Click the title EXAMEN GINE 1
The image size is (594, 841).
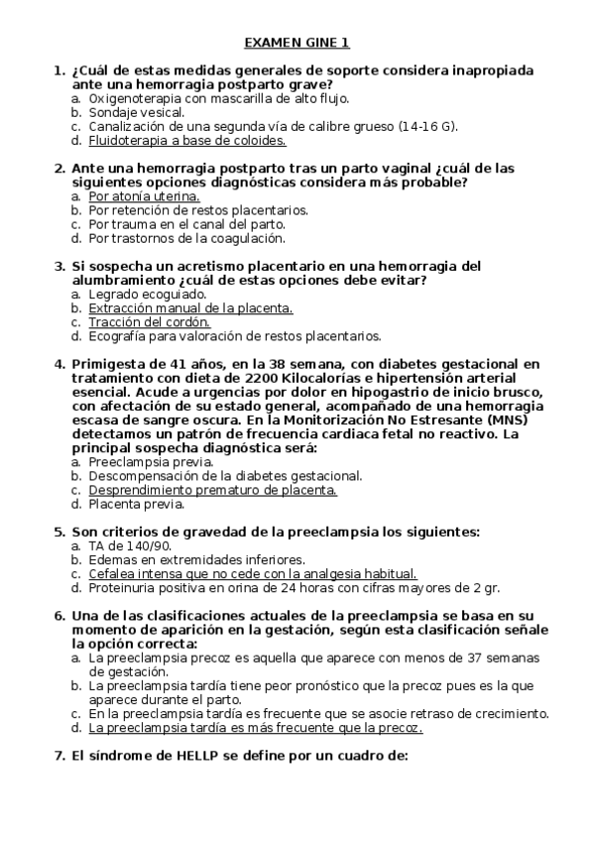pyautogui.click(x=297, y=43)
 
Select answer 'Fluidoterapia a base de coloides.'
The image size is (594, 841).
pyautogui.click(x=174, y=141)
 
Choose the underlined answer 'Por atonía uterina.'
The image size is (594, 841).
pyautogui.click(x=144, y=196)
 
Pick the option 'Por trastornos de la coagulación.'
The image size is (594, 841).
pyautogui.click(x=186, y=238)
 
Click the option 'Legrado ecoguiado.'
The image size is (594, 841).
pyautogui.click(x=147, y=295)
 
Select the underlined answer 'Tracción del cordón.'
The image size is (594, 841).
pyautogui.click(x=149, y=322)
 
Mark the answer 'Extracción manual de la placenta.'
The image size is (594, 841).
pyautogui.click(x=190, y=308)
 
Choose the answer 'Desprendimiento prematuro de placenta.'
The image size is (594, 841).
pyautogui.click(x=213, y=490)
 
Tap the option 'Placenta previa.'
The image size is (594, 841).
pyautogui.click(x=136, y=504)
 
